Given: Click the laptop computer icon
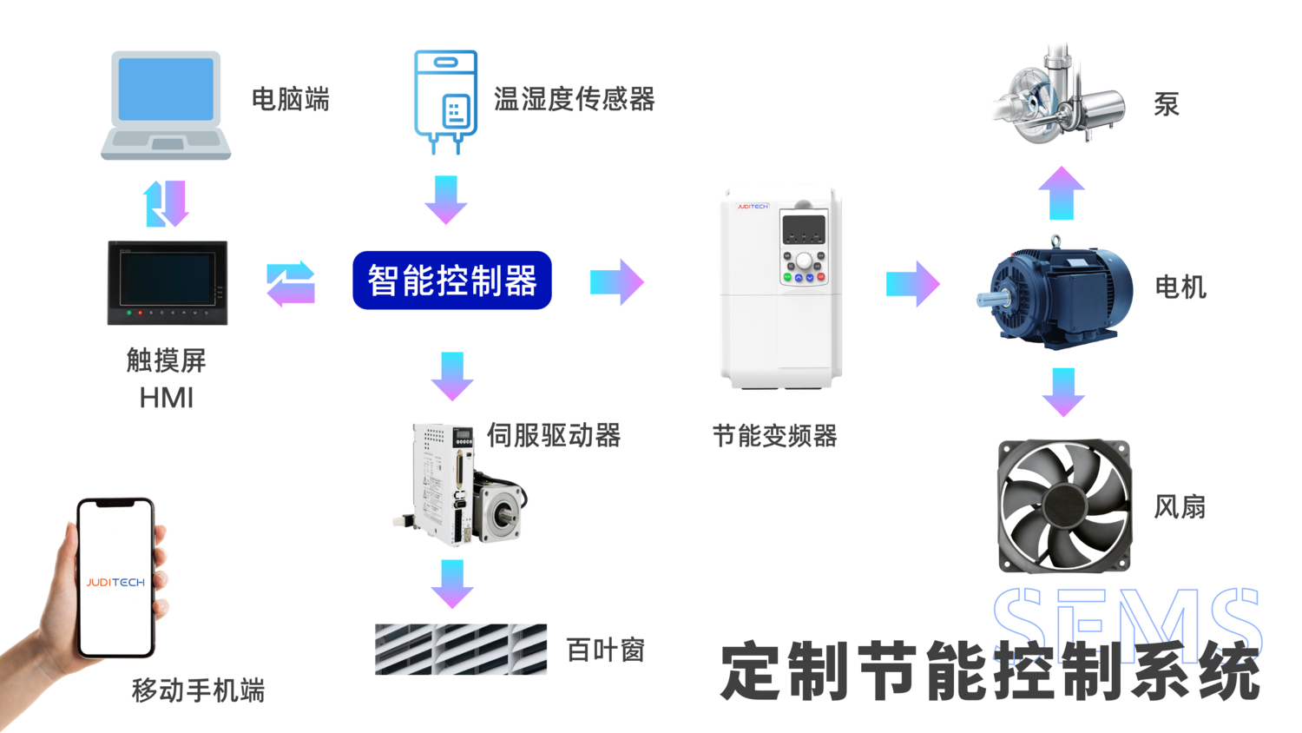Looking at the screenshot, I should coord(166,105).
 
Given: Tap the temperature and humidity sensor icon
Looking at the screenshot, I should coord(445,100).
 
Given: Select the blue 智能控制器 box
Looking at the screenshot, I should coord(452,281).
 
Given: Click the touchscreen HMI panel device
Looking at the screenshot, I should coord(168,283).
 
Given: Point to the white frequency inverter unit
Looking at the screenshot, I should coord(781,289).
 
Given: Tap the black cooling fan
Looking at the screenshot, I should coord(1064,505).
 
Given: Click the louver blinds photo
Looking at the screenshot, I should coord(461,649).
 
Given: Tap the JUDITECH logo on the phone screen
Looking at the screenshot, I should coord(115,582).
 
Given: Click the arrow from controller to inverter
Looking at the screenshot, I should coord(617,281).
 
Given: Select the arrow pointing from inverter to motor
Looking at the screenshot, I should coord(912,283).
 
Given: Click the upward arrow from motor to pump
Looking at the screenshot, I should coord(1062,193).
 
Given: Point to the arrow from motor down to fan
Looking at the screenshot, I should coord(1063,392).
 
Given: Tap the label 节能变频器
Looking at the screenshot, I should coord(774,436).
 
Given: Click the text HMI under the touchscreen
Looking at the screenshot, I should coord(167,398).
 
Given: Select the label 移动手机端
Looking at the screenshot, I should coord(198,690).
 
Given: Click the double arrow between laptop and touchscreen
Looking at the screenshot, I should coord(166,203).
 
